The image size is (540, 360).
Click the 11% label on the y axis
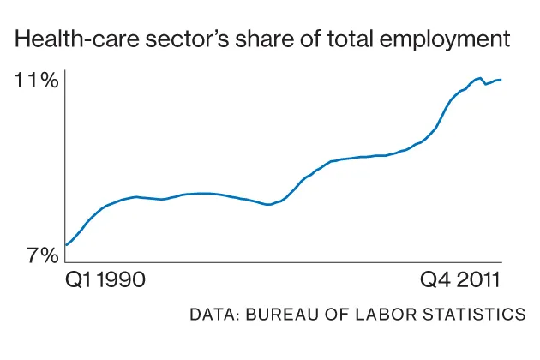[36, 81]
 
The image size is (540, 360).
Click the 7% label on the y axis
[39, 255]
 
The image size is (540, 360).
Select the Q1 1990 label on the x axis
[105, 280]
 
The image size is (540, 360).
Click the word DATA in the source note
[213, 315]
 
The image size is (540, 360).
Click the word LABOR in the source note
[381, 315]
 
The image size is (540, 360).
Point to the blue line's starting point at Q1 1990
[66, 245]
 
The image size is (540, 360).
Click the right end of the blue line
[501, 80]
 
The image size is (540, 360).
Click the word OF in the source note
[331, 315]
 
